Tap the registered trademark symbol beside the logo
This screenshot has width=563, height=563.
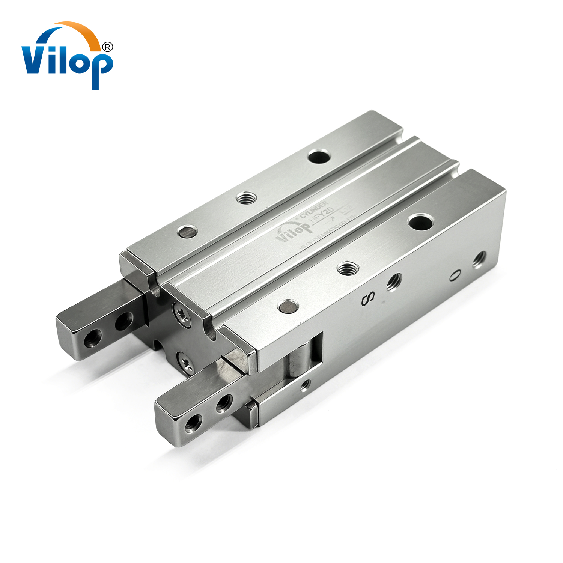click(x=107, y=47)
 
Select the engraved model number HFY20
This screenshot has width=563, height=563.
click(x=322, y=217)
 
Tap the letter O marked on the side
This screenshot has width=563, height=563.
click(x=454, y=276)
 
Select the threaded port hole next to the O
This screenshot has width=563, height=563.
click(x=479, y=259)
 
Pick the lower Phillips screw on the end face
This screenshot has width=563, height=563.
click(x=186, y=362)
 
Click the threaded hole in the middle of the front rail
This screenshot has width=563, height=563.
click(x=348, y=268)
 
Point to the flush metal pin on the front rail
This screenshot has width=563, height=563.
click(x=288, y=306)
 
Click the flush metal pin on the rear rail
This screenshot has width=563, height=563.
click(x=188, y=231)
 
